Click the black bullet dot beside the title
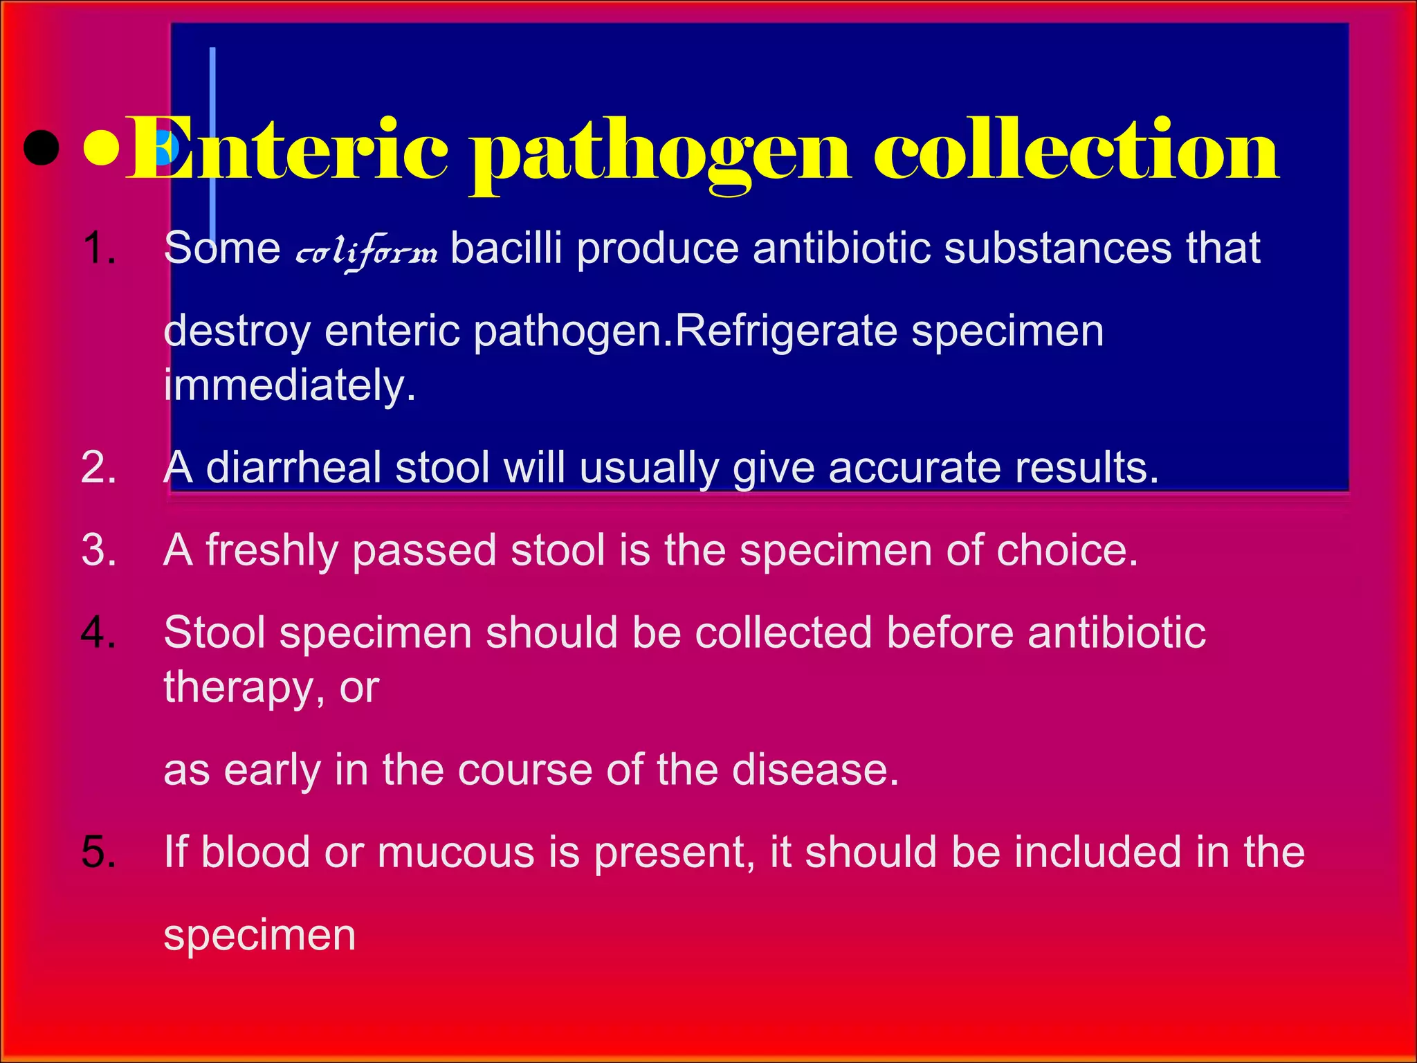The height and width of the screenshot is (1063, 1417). point(41,149)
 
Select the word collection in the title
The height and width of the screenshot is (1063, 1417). point(1076,149)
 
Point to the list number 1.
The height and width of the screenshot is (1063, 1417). point(98,248)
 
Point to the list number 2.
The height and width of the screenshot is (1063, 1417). point(98,468)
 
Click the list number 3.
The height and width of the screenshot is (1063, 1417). point(98,550)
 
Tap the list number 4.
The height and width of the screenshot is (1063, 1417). point(98,633)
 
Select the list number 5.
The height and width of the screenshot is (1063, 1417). point(98,852)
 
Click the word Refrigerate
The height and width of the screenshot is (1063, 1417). point(785,331)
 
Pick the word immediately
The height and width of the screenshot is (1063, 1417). point(289,385)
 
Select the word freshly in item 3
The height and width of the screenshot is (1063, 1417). point(272,551)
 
